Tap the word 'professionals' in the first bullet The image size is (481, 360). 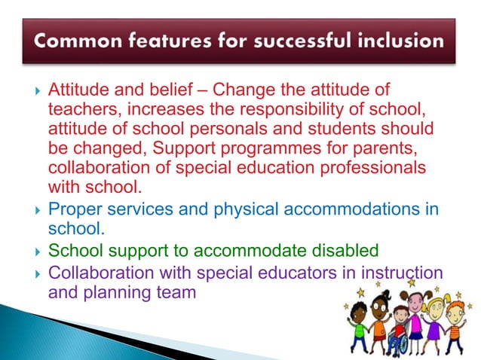click(x=375, y=164)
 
